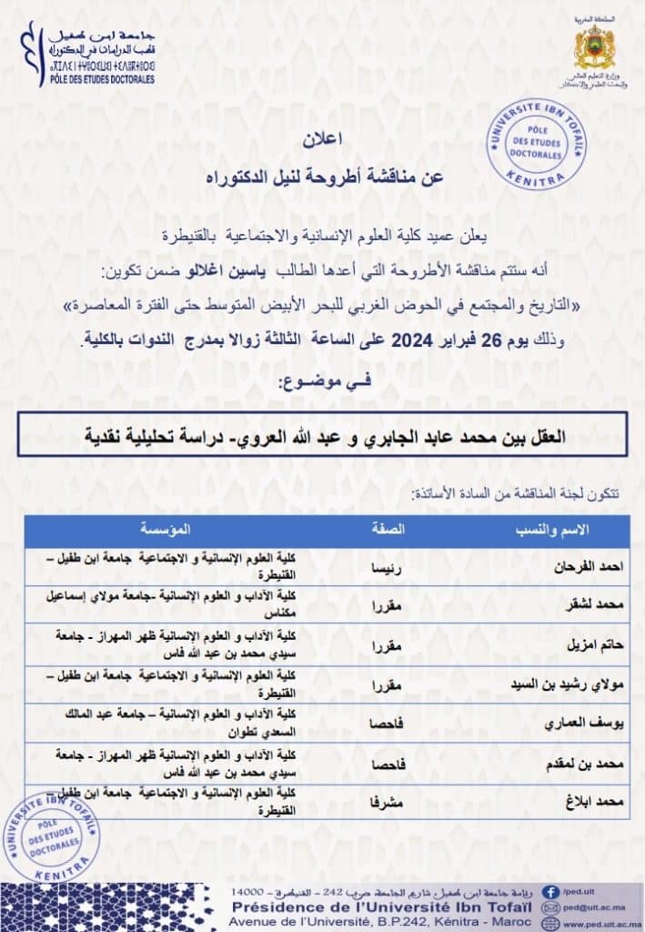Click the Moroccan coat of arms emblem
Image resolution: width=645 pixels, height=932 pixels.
point(595,46)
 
